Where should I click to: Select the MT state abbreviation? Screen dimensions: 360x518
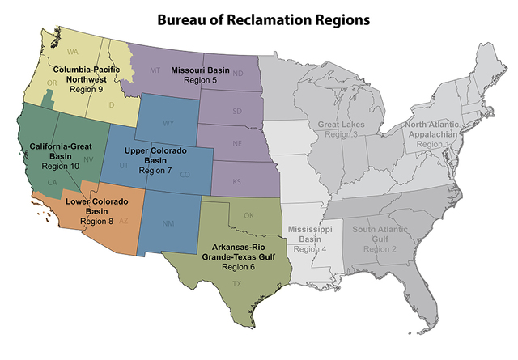click(155, 71)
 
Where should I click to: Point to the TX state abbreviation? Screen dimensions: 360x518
click(237, 284)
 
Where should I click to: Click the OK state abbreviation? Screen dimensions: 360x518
click(248, 215)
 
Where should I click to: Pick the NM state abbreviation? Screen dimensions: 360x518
click(168, 223)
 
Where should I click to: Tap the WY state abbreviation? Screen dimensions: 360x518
click(168, 123)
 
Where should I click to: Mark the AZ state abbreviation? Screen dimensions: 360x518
click(123, 221)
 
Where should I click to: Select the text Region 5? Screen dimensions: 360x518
click(201, 81)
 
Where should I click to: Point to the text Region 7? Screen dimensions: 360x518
click(155, 172)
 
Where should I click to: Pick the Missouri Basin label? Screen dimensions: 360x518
click(201, 71)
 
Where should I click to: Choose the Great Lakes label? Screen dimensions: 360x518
click(341, 125)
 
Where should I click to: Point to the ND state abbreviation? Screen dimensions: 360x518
click(238, 74)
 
